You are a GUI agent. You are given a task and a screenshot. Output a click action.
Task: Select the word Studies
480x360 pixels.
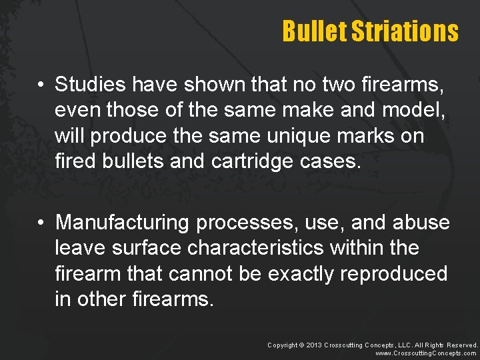pos(91,85)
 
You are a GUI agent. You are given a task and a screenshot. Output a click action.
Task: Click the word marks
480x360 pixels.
pos(395,135)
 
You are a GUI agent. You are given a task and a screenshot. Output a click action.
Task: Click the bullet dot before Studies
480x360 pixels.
pos(41,85)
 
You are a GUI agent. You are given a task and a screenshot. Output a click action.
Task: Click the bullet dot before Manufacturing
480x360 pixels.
pos(41,223)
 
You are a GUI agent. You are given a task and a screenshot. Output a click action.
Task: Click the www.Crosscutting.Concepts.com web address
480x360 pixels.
pos(427,353)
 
